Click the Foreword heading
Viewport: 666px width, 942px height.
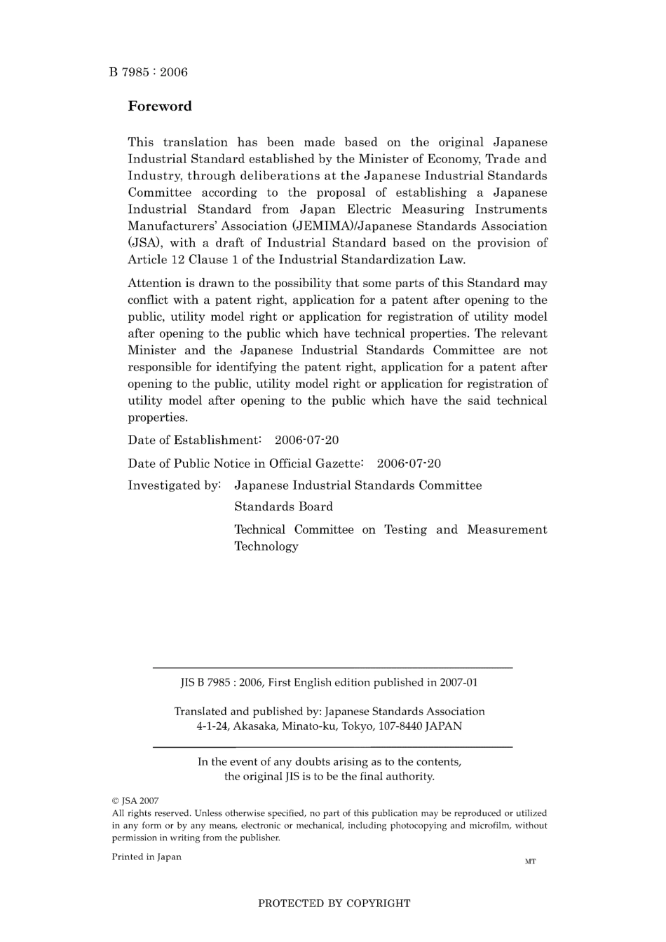pos(159,106)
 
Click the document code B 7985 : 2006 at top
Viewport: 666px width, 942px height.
pos(148,72)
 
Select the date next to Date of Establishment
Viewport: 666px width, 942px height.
pos(306,441)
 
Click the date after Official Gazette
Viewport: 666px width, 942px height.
pos(409,464)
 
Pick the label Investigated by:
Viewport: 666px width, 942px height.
pos(174,485)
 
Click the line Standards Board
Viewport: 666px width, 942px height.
pos(283,506)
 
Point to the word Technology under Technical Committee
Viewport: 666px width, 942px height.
pos(266,546)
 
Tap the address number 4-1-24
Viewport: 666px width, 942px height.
pos(212,726)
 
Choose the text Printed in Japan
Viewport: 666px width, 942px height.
pos(146,857)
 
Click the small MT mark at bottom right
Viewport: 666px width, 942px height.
pos(530,861)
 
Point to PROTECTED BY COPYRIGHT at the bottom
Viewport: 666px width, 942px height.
pos(334,903)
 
